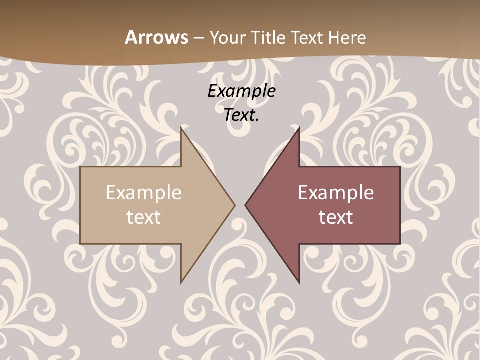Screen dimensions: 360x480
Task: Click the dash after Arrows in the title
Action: click(198, 38)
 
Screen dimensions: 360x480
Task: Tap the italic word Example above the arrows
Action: click(241, 91)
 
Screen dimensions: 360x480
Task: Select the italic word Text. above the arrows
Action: click(241, 115)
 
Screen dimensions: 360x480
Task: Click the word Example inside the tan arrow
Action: click(144, 193)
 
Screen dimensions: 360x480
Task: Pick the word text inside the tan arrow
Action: click(144, 217)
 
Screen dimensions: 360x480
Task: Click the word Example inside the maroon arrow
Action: click(336, 193)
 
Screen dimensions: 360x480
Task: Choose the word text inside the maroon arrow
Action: click(336, 217)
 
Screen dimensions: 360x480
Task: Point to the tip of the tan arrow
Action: click(234, 205)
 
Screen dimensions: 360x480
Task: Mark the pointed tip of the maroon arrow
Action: click(246, 205)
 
